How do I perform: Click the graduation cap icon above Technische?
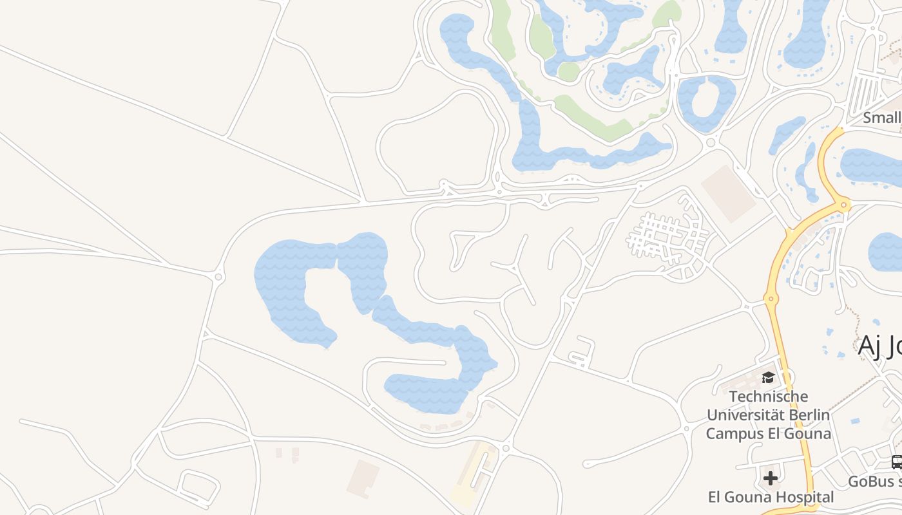[768, 377]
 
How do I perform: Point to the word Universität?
[742, 415]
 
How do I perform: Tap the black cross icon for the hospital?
[770, 478]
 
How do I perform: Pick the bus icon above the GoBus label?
[896, 462]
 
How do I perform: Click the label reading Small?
[882, 118]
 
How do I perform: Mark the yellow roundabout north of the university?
[769, 298]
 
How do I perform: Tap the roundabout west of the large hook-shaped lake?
[218, 277]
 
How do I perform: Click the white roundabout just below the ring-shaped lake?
[711, 142]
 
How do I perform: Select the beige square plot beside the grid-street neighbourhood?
[729, 193]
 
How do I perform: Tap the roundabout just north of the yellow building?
[506, 447]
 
